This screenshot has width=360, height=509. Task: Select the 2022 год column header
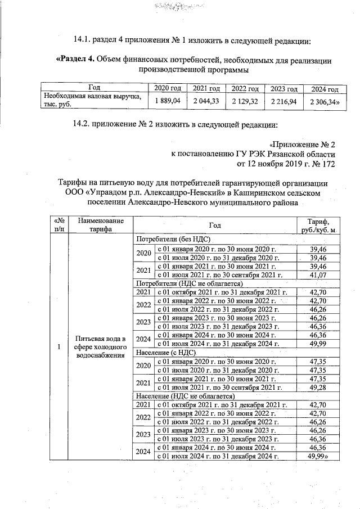245,89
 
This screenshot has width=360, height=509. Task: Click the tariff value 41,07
318,274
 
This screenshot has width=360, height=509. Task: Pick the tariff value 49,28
318,387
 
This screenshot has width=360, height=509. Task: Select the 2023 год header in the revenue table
283,89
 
